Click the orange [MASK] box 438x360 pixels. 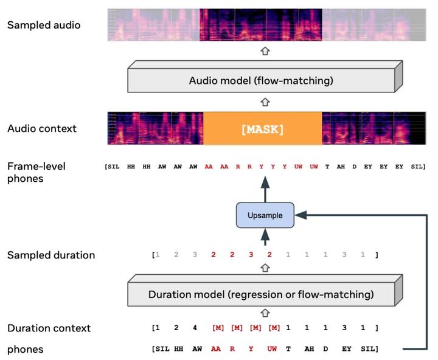(262, 129)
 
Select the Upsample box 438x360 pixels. (265, 215)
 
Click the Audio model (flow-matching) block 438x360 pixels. (261, 80)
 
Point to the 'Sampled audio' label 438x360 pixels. (44, 26)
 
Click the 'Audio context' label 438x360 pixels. (42, 128)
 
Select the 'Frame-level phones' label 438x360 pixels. (36, 171)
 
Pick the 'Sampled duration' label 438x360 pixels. (51, 255)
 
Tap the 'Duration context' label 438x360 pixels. (49, 328)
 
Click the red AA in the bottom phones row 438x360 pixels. (215, 349)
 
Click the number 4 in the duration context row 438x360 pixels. (195, 328)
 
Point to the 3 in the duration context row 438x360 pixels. (344, 328)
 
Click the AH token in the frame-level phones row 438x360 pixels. (341, 166)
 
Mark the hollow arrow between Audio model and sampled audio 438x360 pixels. (265, 52)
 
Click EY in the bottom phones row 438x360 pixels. (346, 349)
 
